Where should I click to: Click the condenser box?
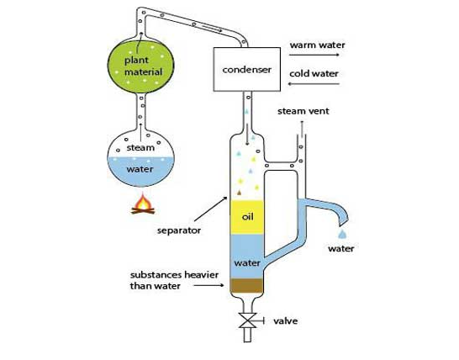(247, 70)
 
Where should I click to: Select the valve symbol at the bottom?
(248, 320)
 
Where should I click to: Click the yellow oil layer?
(247, 217)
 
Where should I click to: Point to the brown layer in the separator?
(246, 286)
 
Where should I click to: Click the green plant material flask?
(140, 66)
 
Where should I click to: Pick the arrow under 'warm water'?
(314, 55)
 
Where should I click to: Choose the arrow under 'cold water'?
(314, 84)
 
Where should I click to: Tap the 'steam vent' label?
(303, 111)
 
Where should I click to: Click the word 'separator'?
(179, 230)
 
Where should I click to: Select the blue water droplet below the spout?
(342, 234)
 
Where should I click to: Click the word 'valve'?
(286, 320)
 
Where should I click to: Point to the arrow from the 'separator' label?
(211, 209)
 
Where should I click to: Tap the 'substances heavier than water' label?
(174, 280)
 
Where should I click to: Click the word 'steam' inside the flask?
(140, 148)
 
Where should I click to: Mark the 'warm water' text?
(317, 45)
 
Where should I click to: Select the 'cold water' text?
(314, 73)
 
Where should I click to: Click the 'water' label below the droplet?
(341, 249)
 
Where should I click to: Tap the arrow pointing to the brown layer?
(208, 285)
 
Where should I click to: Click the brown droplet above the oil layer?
(239, 193)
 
